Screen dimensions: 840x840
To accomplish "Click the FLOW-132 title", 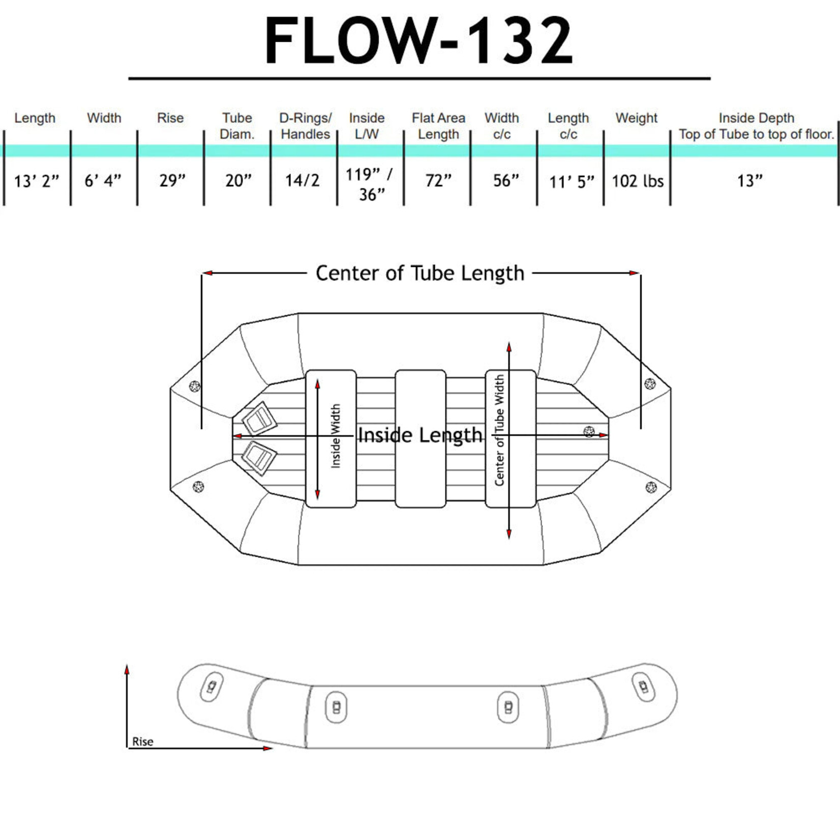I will pyautogui.click(x=418, y=41).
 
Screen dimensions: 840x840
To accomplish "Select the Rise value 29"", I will pyautogui.click(x=172, y=181).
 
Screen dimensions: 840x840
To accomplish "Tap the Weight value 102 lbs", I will pyautogui.click(x=637, y=181).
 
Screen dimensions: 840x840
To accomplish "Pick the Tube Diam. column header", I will pyautogui.click(x=237, y=126).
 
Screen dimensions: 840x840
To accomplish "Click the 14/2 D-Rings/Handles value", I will pyautogui.click(x=302, y=181).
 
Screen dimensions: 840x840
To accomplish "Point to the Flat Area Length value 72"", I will pyautogui.click(x=438, y=181).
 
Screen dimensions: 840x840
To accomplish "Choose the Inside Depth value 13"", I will pyautogui.click(x=750, y=181).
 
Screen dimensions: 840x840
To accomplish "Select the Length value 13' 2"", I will pyautogui.click(x=36, y=181).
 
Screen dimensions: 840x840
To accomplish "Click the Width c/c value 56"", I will pyautogui.click(x=506, y=181).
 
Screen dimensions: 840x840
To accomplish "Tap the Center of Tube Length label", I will pyautogui.click(x=419, y=273).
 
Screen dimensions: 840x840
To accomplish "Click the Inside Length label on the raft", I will pyautogui.click(x=419, y=435).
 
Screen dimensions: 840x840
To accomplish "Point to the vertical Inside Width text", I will pyautogui.click(x=336, y=436).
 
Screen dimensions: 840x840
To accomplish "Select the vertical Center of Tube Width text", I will pyautogui.click(x=499, y=430).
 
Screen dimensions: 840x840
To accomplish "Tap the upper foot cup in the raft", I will pyautogui.click(x=259, y=418).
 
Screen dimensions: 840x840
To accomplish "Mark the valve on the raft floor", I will pyautogui.click(x=589, y=432).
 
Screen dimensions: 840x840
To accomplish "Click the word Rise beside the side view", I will pyautogui.click(x=142, y=741).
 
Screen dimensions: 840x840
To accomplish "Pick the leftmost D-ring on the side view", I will pyautogui.click(x=212, y=687).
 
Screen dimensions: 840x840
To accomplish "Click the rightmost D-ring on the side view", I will pyautogui.click(x=643, y=687).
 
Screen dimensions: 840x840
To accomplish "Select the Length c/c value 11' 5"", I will pyautogui.click(x=571, y=182).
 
